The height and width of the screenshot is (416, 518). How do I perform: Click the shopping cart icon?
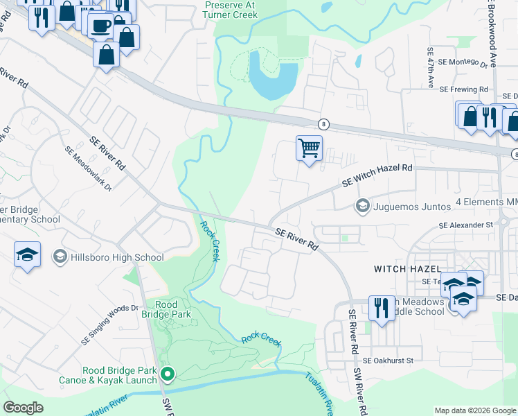(309, 148)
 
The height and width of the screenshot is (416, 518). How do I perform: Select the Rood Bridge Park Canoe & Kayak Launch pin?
(167, 374)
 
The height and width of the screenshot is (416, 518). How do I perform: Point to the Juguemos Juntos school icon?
(361, 205)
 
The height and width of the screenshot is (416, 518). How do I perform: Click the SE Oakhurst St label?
(388, 361)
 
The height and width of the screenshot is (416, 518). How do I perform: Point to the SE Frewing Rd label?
(464, 90)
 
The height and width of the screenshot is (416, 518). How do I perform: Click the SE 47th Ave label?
(430, 68)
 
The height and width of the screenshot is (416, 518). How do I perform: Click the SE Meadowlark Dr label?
(87, 164)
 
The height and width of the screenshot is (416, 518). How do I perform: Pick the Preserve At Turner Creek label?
(231, 8)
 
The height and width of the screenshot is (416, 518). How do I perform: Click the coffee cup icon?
(101, 25)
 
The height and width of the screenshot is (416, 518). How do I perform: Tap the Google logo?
(24, 408)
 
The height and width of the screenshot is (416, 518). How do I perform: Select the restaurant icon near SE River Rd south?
(382, 308)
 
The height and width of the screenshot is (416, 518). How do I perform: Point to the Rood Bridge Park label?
(166, 309)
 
